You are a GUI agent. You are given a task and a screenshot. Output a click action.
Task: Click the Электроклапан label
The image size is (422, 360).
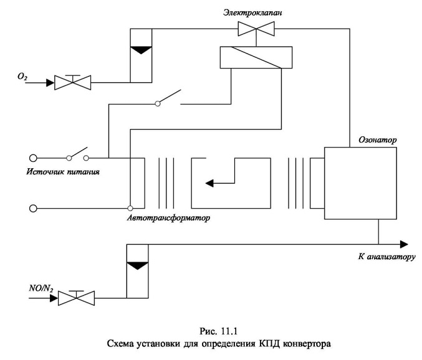[x=252, y=12]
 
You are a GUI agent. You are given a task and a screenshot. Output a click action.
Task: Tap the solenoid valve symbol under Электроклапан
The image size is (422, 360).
[x=256, y=29]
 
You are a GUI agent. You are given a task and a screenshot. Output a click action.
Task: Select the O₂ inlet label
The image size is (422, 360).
[x=22, y=77]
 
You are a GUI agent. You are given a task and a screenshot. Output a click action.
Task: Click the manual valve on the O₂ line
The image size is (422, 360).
[x=73, y=82]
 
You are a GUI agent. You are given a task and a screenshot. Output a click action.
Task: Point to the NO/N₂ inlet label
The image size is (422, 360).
[x=41, y=288]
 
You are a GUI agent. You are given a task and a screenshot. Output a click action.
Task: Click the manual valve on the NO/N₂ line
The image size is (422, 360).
[x=77, y=298]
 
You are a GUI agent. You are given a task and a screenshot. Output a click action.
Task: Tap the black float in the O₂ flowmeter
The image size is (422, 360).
[x=141, y=50]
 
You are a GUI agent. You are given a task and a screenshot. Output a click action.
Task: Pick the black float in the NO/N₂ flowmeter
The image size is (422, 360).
[x=137, y=265]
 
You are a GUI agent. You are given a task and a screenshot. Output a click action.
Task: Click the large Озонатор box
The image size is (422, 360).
[x=360, y=183]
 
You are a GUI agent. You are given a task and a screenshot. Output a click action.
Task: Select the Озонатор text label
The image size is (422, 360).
[x=377, y=140]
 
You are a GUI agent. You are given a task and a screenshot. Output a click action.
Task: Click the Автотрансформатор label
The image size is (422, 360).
[x=168, y=217]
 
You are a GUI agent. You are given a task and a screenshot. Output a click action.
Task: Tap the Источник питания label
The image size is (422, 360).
[x=63, y=171]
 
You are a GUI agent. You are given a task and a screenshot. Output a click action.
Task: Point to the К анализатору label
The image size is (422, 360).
[x=386, y=257]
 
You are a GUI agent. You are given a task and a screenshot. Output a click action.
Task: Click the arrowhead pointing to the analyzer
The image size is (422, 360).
[x=404, y=244]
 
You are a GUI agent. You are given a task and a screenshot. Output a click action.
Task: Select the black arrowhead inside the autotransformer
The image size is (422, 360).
[x=209, y=183]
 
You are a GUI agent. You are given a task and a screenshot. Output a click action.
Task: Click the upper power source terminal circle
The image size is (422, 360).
[x=33, y=158]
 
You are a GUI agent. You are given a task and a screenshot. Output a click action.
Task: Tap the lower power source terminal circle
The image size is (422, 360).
[x=33, y=209]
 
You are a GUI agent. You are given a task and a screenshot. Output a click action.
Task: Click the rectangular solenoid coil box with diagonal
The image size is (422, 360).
[x=256, y=57]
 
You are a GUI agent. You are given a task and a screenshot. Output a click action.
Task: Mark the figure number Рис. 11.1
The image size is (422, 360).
[x=218, y=331]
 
